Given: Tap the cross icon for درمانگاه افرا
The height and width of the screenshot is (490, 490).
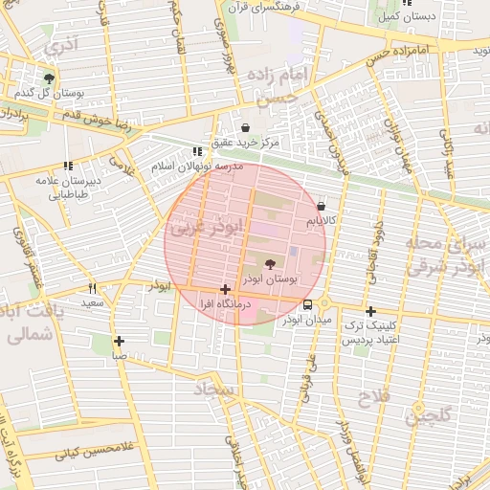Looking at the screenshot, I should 225,289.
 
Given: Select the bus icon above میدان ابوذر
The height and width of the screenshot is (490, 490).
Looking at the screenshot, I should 307,305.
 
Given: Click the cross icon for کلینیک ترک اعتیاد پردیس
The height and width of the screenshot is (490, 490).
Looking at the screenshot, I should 370,311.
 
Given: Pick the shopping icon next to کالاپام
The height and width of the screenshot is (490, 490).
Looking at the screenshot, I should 321,206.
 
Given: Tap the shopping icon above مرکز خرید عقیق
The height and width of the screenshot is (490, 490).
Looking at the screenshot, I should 246,127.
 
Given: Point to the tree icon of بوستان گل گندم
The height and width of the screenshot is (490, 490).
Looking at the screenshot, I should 49,78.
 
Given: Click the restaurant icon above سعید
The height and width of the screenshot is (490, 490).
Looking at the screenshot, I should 92,287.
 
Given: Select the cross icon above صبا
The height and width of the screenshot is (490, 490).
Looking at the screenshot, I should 119,341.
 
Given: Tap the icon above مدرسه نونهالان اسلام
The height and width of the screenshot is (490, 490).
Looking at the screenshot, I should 197,151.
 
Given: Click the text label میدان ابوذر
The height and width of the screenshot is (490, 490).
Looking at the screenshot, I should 307,321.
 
